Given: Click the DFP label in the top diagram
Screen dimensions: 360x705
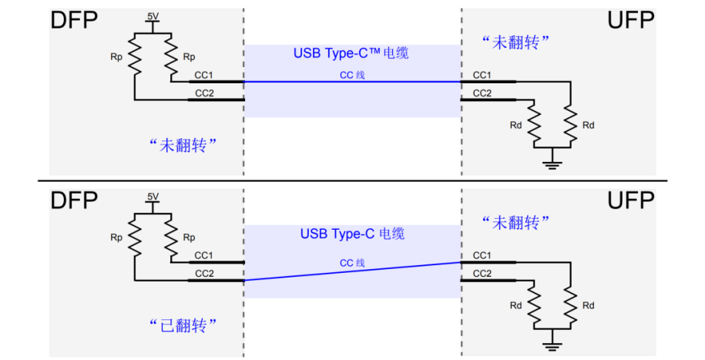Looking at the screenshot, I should click(75, 21).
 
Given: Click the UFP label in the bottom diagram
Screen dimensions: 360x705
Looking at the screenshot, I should click(630, 201).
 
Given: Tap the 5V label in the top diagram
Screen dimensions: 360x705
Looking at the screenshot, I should click(152, 15).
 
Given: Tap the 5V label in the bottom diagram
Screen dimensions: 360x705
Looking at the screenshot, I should click(152, 197).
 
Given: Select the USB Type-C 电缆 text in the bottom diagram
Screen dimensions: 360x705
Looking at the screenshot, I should click(352, 234).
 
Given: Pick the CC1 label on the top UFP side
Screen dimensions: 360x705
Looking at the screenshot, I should click(482, 75).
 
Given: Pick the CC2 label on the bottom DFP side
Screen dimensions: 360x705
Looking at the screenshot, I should click(204, 273).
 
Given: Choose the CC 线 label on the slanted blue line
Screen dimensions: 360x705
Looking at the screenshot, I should click(352, 263).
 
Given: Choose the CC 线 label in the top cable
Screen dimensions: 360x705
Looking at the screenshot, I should click(352, 75).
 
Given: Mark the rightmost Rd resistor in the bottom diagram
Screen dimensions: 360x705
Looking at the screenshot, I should click(570, 305).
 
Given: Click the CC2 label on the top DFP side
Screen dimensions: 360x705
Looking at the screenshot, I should click(204, 93).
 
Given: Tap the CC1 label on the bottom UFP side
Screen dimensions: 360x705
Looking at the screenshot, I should click(482, 255).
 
